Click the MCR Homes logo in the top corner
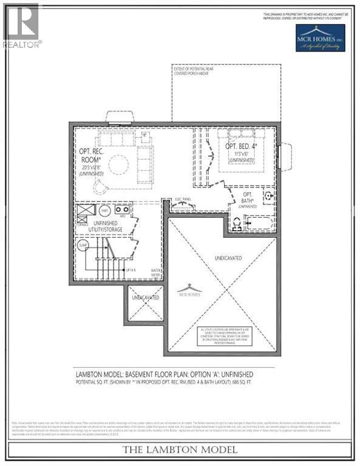pos(321,38)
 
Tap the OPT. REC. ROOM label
pos(90,155)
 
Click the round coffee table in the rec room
pos(118,164)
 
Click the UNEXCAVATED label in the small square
pos(146,297)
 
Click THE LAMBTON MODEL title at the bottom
pos(180,450)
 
